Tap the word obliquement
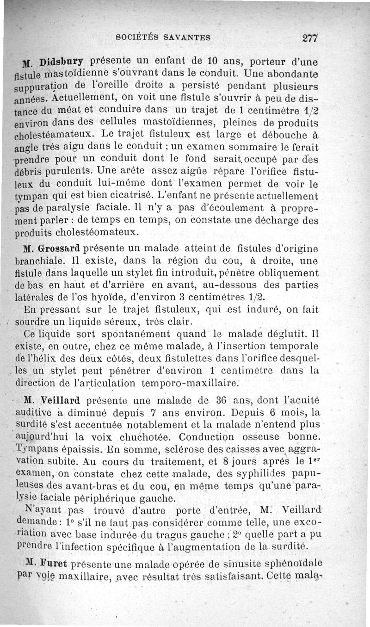287,274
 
